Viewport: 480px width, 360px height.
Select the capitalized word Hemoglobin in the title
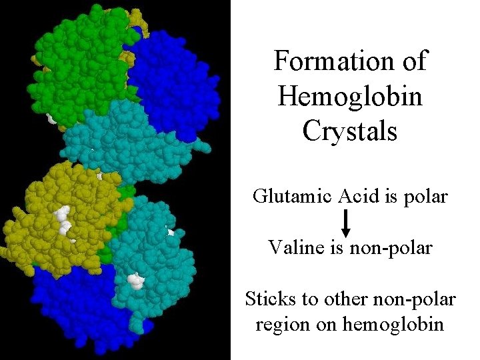(x=350, y=97)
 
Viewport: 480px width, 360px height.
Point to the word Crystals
(x=350, y=131)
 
